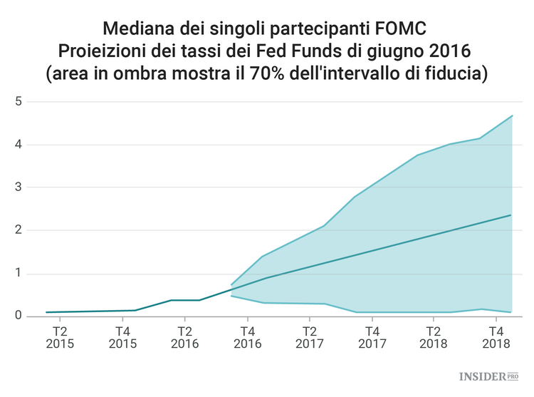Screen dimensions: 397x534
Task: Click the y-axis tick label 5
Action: (19, 102)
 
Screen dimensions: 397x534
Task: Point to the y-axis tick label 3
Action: (19, 187)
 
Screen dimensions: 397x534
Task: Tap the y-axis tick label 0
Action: (19, 316)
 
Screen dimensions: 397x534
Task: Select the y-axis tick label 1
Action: (19, 274)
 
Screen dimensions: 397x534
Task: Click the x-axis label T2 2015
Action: (60, 337)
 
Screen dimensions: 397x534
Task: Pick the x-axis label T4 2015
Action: (122, 337)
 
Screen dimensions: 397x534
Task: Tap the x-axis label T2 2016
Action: (184, 337)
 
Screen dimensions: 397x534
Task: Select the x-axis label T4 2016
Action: (247, 337)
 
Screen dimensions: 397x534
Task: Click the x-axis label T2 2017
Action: (309, 337)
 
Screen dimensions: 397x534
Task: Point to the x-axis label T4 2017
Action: (372, 337)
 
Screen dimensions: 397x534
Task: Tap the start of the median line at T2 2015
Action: (46, 312)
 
